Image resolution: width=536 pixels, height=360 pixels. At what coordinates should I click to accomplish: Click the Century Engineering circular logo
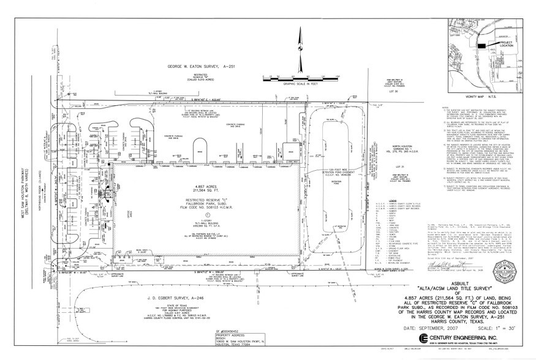[424, 339]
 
